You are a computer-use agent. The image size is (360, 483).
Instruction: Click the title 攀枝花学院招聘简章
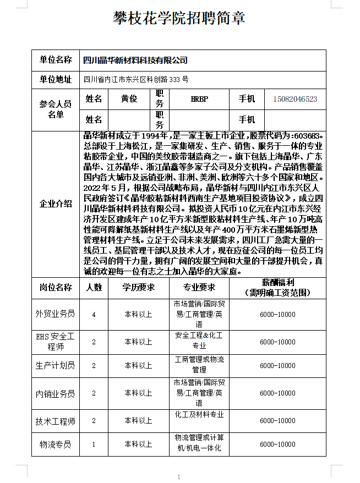click(179, 18)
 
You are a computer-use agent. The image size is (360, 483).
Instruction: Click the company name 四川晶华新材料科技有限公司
click(135, 60)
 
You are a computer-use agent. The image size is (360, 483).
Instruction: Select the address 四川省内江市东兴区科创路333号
click(136, 79)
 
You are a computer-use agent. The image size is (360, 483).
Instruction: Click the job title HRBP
click(199, 99)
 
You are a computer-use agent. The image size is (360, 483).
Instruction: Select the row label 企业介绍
click(56, 204)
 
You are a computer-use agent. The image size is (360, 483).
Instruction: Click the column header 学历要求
click(138, 287)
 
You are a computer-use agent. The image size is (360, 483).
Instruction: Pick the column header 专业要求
click(199, 287)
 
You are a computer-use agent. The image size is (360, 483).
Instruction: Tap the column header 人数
click(94, 287)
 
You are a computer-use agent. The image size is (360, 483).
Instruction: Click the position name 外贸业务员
click(56, 314)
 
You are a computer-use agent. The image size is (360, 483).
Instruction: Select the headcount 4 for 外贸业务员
click(94, 314)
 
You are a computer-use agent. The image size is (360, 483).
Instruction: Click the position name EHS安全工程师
click(56, 341)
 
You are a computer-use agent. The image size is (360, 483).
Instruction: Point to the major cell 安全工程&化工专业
click(199, 341)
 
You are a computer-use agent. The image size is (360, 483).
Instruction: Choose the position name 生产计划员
click(56, 365)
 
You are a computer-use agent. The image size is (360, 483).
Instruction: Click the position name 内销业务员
click(56, 393)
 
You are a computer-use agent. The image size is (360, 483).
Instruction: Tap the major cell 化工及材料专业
click(199, 415)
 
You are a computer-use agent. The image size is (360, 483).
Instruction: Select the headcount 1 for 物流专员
click(94, 444)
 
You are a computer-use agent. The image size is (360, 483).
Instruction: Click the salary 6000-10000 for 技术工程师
click(277, 421)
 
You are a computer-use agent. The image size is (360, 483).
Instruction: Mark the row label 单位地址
click(56, 79)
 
